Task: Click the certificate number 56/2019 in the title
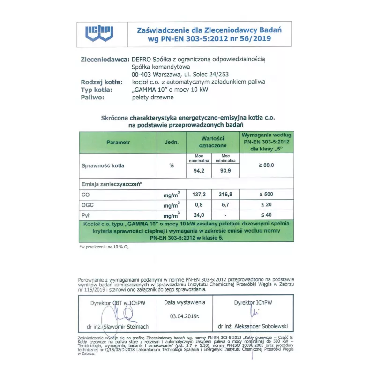pyautogui.click(x=253, y=38)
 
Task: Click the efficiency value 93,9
pyautogui.click(x=226, y=171)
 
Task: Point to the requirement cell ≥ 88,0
pyautogui.click(x=266, y=165)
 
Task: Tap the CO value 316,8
pyautogui.click(x=226, y=194)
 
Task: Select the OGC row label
pyautogui.click(x=87, y=205)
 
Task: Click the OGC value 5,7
pyautogui.click(x=226, y=205)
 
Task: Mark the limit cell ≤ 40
pyautogui.click(x=266, y=215)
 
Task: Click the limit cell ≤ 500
pyautogui.click(x=266, y=194)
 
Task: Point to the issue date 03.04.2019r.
pyautogui.click(x=185, y=316)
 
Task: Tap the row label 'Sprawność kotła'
pyautogui.click(x=103, y=165)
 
